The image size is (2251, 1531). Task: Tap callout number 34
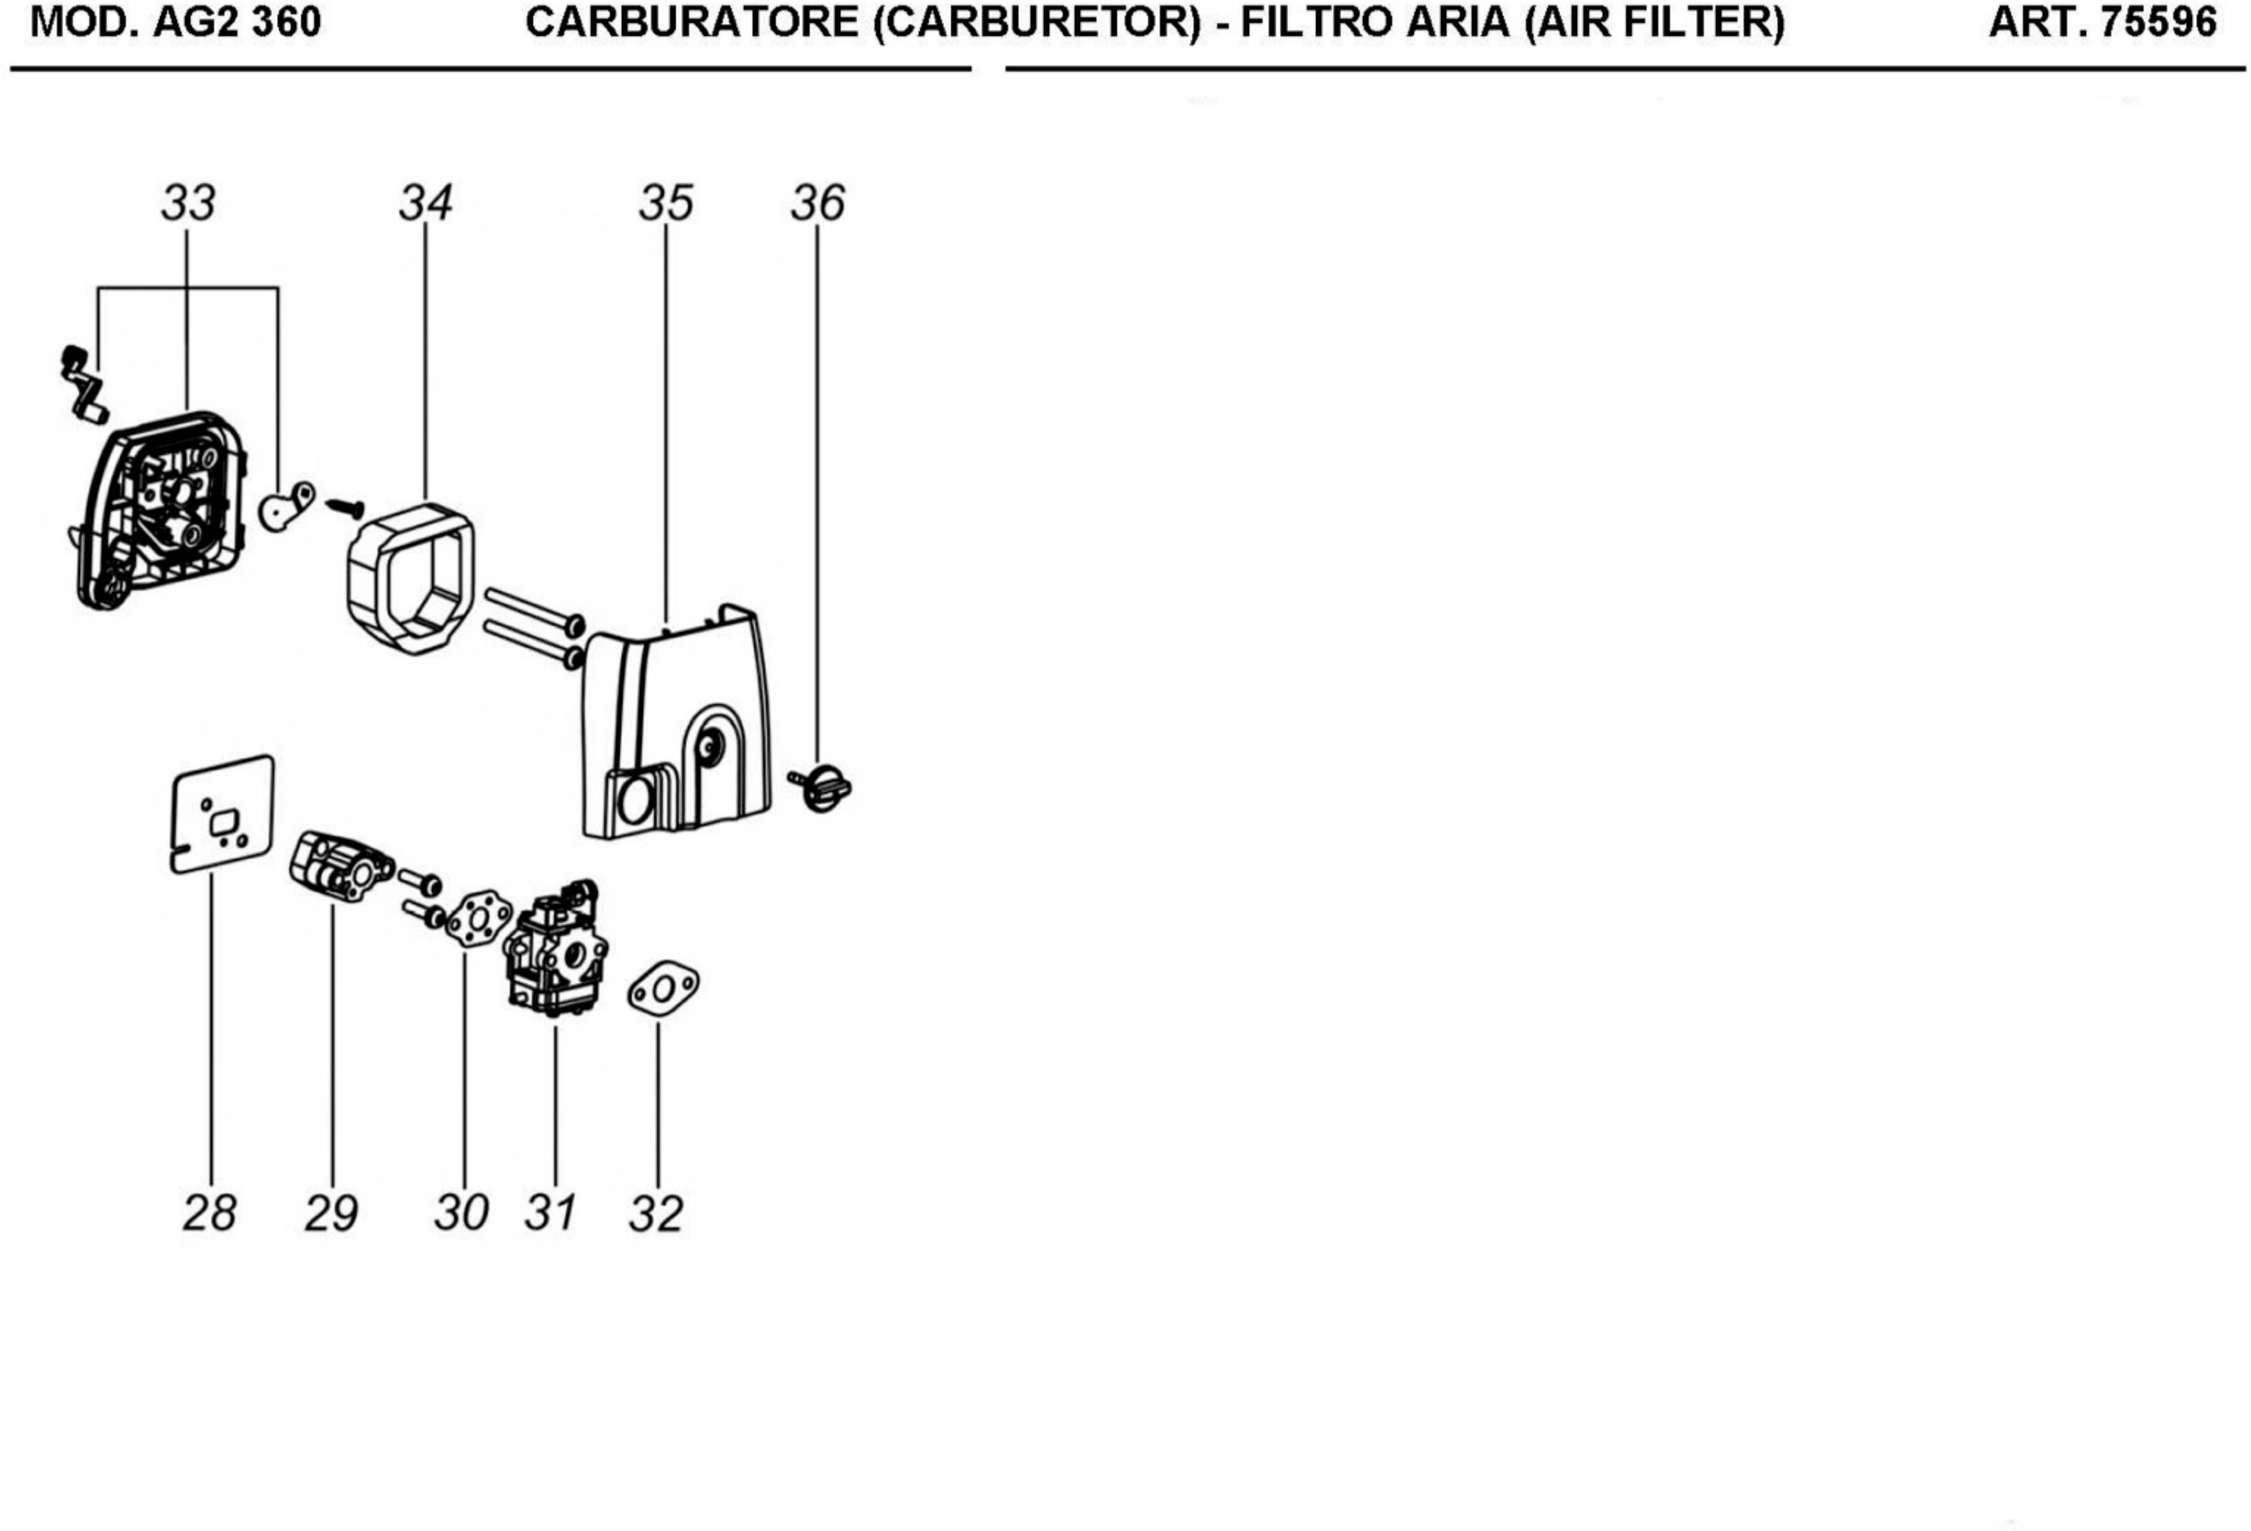(x=426, y=203)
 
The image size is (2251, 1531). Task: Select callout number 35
(x=666, y=203)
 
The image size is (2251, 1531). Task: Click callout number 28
(x=209, y=1214)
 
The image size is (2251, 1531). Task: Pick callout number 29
(x=331, y=1214)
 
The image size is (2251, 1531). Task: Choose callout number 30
(x=462, y=1214)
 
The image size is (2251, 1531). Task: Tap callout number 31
(x=551, y=1214)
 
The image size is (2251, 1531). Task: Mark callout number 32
(x=657, y=1214)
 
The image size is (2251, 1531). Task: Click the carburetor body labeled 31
(x=554, y=949)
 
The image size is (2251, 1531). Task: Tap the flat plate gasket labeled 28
(x=222, y=813)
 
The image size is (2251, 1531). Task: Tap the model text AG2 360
(x=237, y=22)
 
